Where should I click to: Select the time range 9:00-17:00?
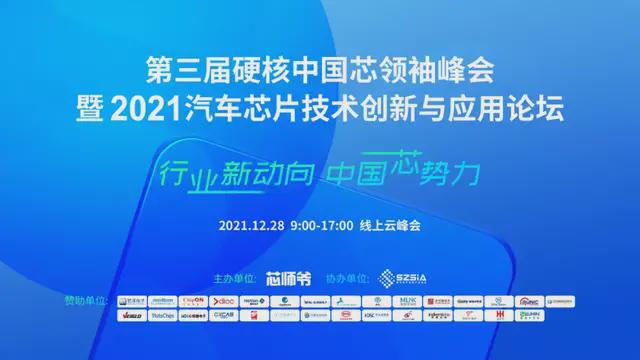pos(321,225)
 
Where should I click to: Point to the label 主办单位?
pos(237,276)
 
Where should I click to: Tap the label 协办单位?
pos(350,276)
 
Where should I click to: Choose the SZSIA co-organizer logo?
pos(403,276)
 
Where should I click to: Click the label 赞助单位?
pos(83,299)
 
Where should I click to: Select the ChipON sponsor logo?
pos(194,299)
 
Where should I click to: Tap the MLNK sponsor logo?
pos(408,299)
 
